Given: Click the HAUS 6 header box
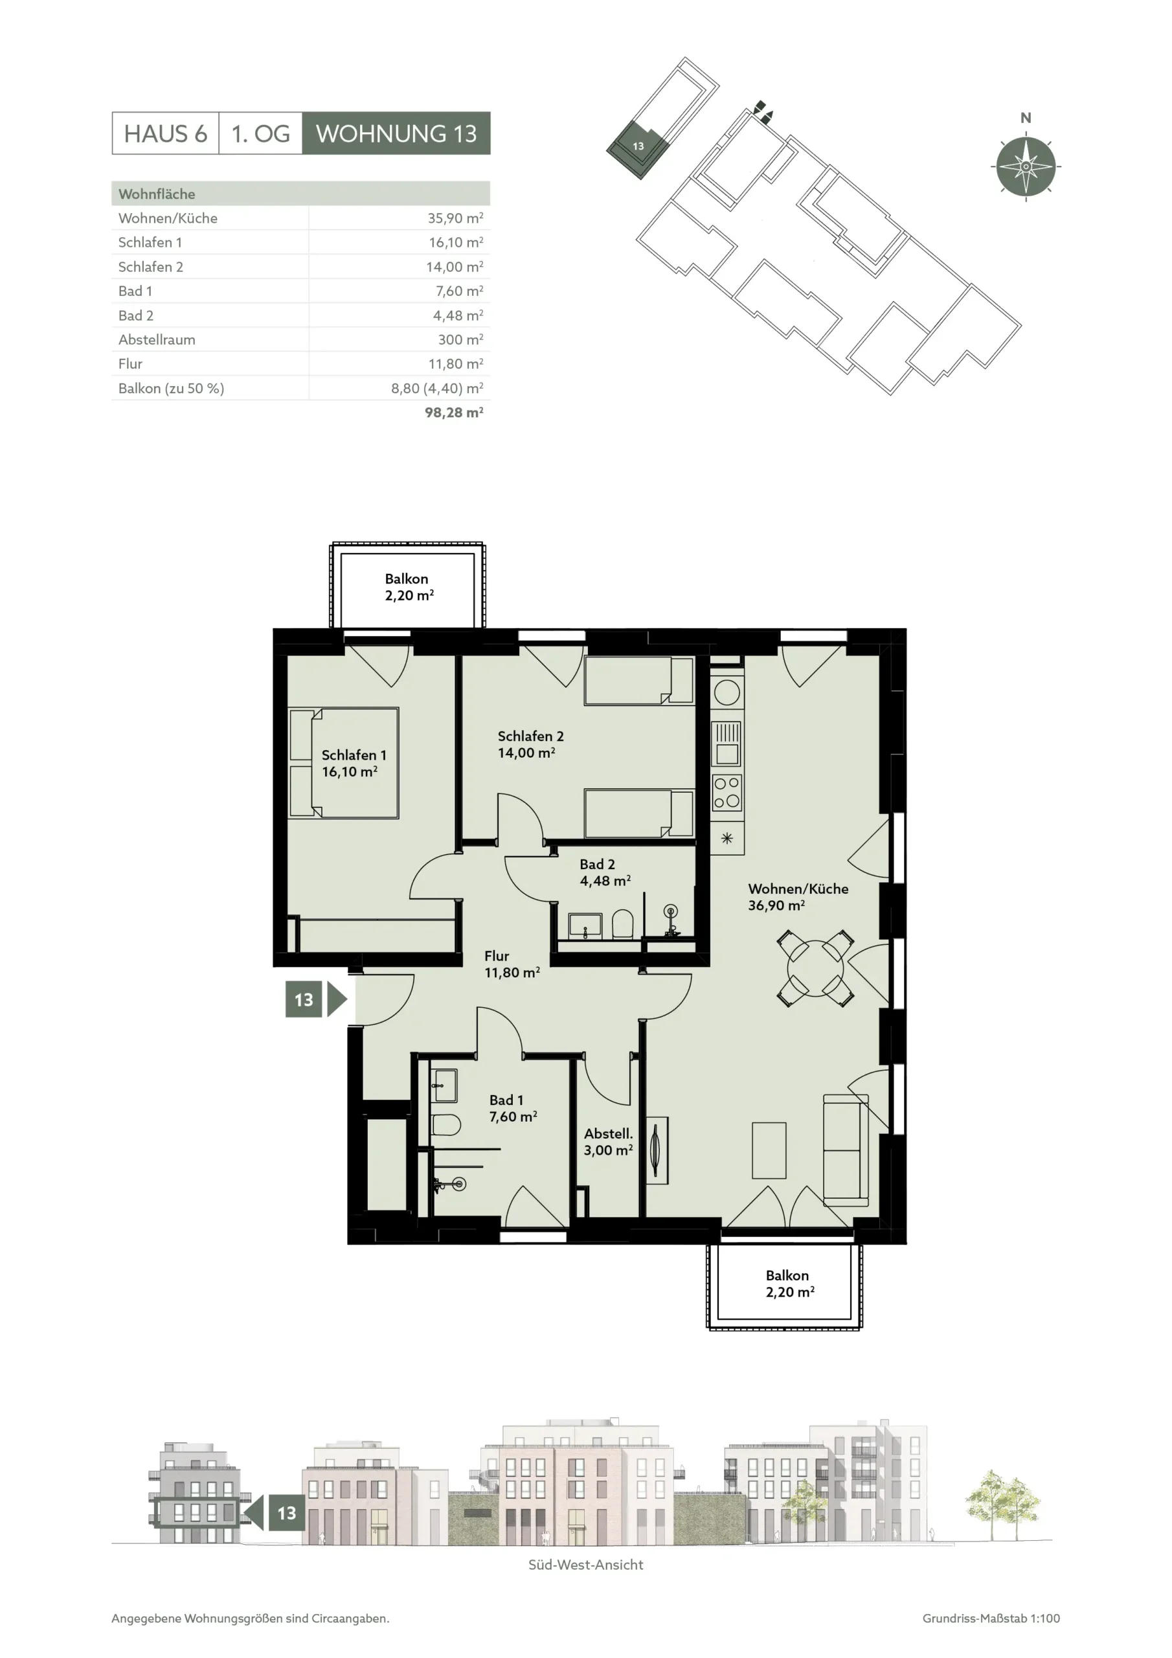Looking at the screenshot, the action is [x=165, y=133].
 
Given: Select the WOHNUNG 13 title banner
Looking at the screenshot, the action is [x=396, y=133].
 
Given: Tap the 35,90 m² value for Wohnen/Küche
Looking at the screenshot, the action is [x=455, y=218].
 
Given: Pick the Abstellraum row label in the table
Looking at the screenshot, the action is [x=157, y=339].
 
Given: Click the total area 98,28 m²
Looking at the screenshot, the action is [x=453, y=413].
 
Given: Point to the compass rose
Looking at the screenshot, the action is [x=1026, y=166].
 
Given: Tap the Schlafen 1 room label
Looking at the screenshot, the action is [x=353, y=764].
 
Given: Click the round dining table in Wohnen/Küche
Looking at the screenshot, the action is [x=815, y=968].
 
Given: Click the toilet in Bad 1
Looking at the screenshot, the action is [x=445, y=1125].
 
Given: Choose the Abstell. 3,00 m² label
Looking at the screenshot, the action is [x=608, y=1142].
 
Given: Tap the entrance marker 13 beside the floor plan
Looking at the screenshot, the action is [x=316, y=999].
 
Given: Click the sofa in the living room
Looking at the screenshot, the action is [x=846, y=1150].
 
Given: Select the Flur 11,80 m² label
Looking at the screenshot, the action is [x=512, y=964].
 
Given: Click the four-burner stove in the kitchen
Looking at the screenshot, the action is [x=727, y=793].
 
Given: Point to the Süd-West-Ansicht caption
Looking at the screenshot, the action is [x=585, y=1565].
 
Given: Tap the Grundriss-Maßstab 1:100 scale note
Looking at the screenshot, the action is [x=991, y=1618].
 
